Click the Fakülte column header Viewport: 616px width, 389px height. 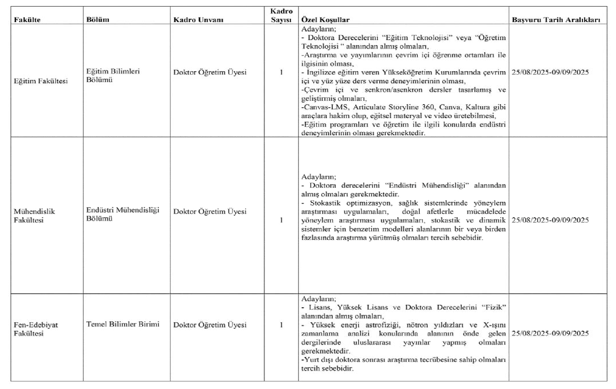click(27, 20)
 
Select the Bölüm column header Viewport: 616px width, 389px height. click(98, 20)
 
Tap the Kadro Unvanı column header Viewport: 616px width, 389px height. click(198, 20)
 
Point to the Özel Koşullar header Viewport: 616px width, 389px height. click(325, 20)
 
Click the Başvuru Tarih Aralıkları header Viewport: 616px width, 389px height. click(556, 20)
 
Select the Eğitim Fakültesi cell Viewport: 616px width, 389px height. click(41, 81)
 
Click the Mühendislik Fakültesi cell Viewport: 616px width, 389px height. click(34, 216)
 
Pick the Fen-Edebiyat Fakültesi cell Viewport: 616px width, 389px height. click(36, 329)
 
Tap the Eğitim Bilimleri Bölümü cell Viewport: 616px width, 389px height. click(113, 76)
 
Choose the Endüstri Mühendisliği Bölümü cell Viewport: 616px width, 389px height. click(123, 214)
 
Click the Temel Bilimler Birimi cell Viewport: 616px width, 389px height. click(123, 324)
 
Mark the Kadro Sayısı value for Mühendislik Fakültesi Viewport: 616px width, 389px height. click(281, 220)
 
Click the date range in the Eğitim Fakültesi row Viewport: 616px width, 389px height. click(550, 72)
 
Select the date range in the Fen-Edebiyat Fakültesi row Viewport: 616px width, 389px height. click(550, 333)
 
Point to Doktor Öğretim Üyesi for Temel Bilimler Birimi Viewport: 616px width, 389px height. click(210, 325)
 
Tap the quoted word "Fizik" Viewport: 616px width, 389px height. click(494, 307)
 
